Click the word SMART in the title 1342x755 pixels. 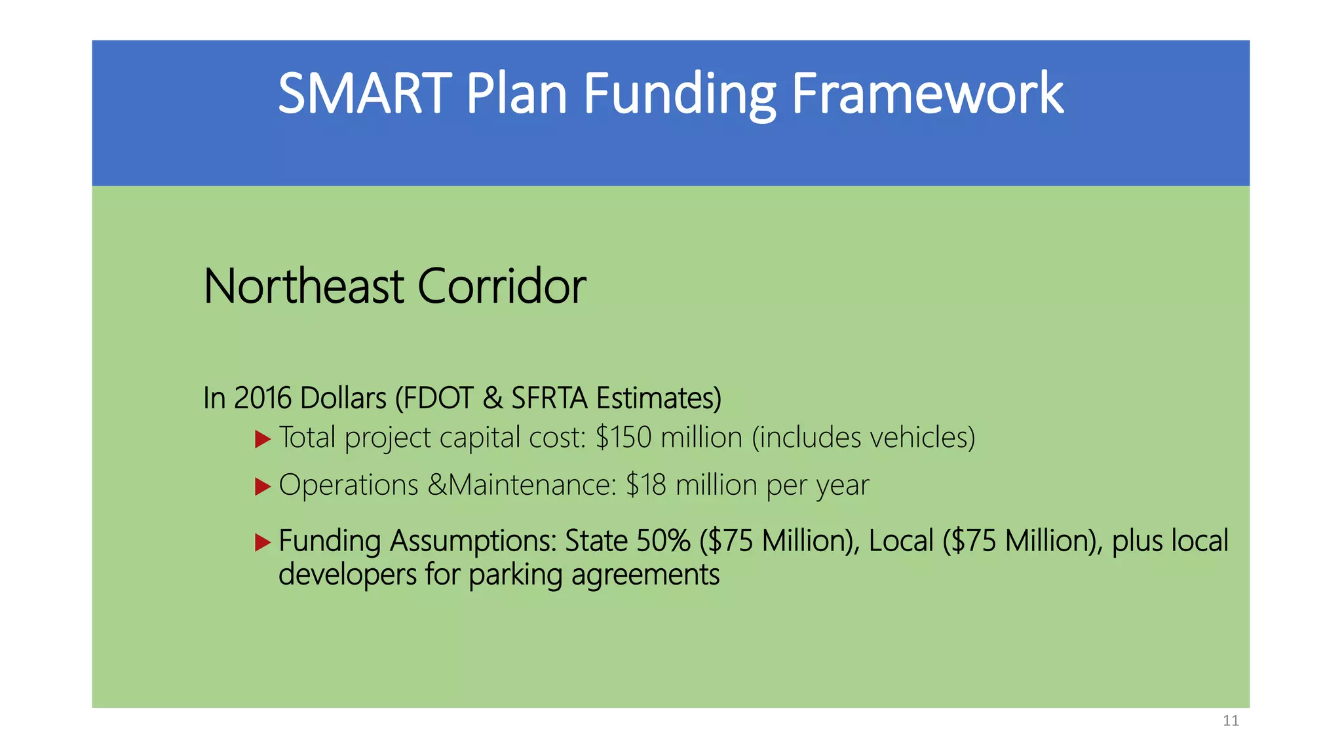[364, 94]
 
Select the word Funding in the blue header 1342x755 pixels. [680, 94]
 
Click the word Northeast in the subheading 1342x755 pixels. [303, 286]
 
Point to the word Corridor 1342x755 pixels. [501, 286]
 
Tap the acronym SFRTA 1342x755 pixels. [549, 398]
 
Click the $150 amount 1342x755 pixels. [624, 437]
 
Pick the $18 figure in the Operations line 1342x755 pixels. [646, 485]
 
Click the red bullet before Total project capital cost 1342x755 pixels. [263, 439]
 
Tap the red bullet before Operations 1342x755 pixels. [263, 486]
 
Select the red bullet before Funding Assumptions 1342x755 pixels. [263, 542]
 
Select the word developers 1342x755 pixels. [347, 575]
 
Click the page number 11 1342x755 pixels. [1231, 721]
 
